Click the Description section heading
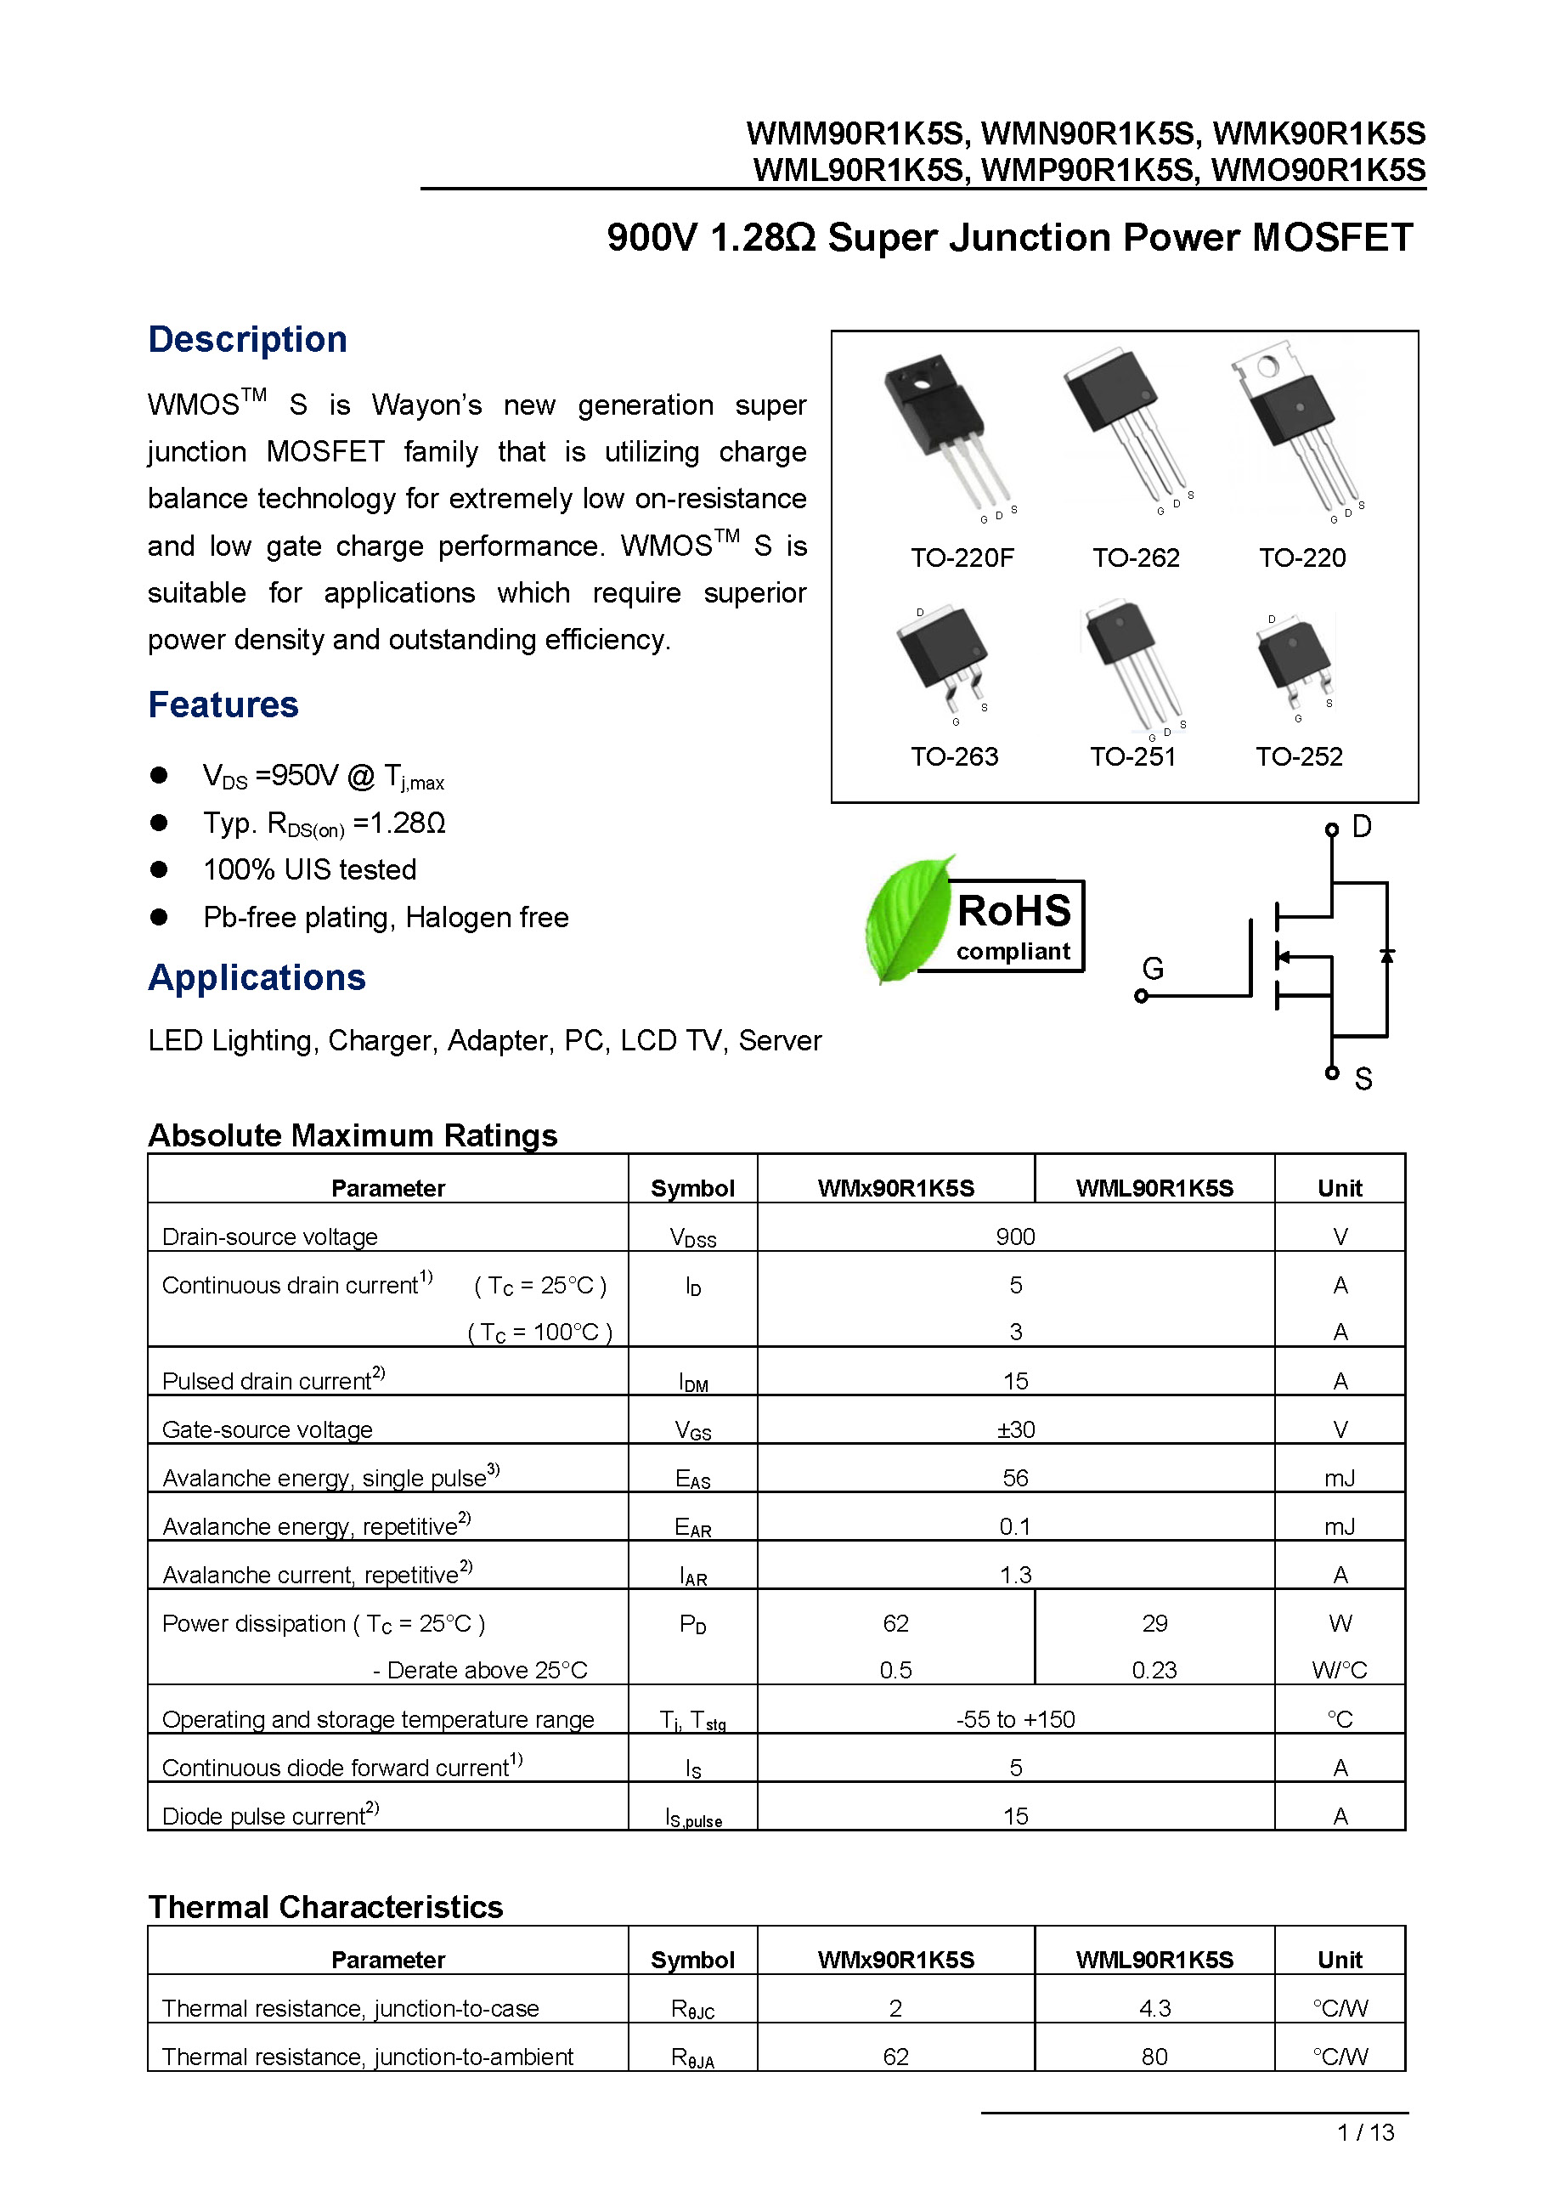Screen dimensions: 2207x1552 (247, 339)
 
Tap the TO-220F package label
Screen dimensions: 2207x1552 (961, 557)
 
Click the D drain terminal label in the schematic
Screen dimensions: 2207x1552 (1361, 826)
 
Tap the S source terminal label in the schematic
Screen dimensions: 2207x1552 (1362, 1079)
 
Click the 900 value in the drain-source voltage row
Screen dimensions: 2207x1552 (1015, 1236)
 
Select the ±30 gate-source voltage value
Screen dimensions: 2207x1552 (1015, 1429)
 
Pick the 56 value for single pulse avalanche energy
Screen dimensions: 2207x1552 (1015, 1477)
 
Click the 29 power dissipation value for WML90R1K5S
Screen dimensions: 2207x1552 (1154, 1623)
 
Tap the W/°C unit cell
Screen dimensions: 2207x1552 (1339, 1671)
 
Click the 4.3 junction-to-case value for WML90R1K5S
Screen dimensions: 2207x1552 (1154, 2009)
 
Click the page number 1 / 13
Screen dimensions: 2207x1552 (1364, 2132)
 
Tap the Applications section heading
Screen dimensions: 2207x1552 (257, 977)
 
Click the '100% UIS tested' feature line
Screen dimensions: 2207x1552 (309, 870)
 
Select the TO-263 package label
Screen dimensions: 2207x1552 (953, 756)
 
